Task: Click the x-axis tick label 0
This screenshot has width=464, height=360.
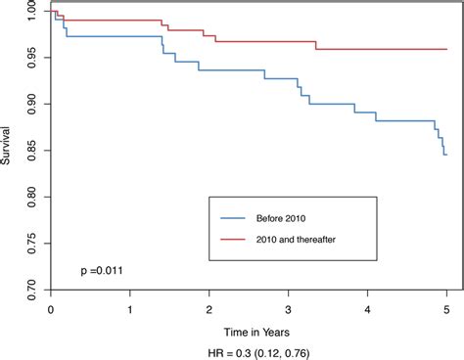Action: point(50,309)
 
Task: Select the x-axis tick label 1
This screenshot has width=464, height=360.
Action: point(130,309)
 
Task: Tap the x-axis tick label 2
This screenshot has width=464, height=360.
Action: point(209,309)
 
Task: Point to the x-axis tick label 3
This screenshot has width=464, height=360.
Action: point(289,309)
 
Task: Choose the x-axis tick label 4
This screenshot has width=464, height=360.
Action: point(368,309)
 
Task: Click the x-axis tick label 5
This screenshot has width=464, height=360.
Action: point(447,309)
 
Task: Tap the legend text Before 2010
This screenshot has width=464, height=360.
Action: point(293,216)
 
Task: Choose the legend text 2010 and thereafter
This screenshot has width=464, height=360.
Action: point(312,239)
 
